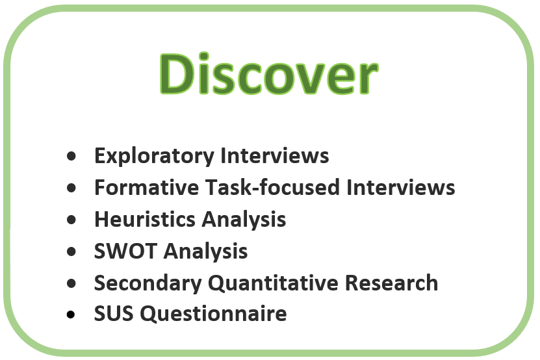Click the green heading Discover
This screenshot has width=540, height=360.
pyautogui.click(x=268, y=74)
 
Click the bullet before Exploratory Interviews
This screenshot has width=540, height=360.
pyautogui.click(x=71, y=157)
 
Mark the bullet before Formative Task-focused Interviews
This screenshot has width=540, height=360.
pyautogui.click(x=71, y=188)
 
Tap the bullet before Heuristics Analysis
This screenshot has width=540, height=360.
pyautogui.click(x=71, y=220)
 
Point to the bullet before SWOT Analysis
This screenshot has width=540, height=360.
pyautogui.click(x=71, y=251)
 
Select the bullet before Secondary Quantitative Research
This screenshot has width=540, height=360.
pyautogui.click(x=71, y=283)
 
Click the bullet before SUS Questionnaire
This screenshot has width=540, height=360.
pyautogui.click(x=71, y=315)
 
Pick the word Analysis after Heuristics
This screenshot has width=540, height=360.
pyautogui.click(x=244, y=220)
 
